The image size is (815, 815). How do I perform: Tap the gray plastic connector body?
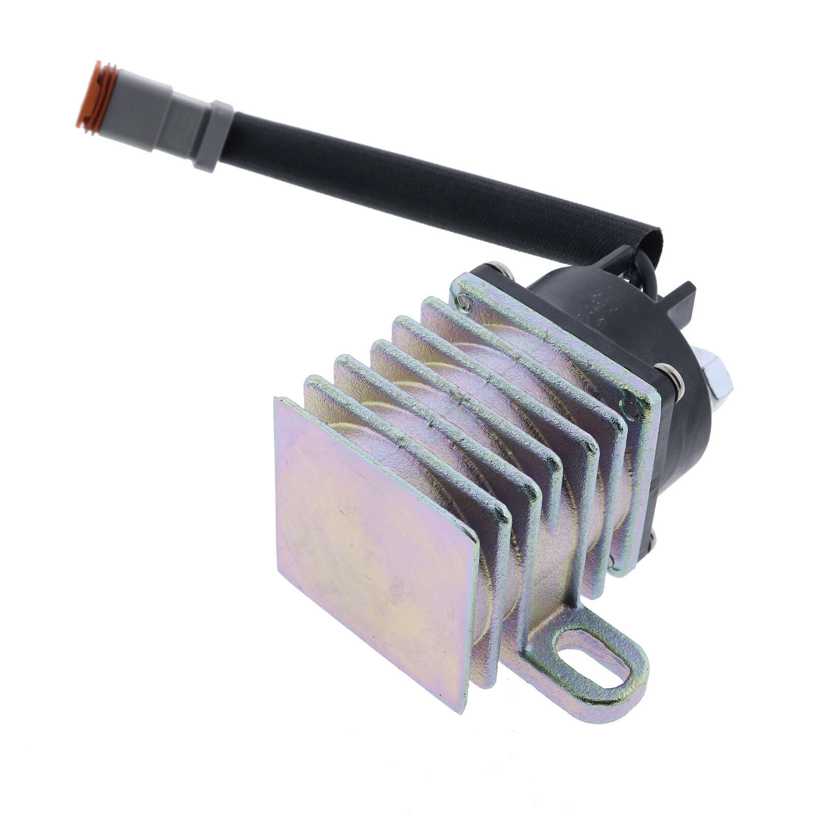[x=148, y=117]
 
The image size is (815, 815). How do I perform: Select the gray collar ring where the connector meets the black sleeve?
[x=213, y=136]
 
